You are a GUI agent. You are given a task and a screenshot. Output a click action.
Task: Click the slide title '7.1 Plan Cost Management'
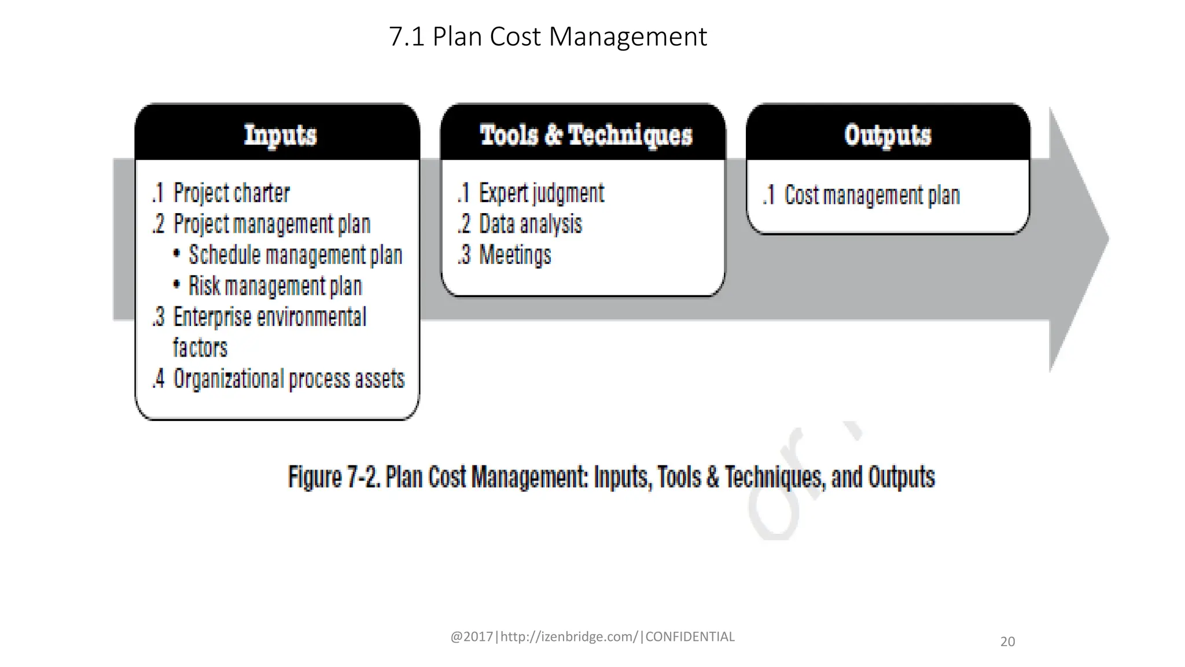point(547,36)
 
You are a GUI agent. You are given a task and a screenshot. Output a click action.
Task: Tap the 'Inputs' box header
point(280,135)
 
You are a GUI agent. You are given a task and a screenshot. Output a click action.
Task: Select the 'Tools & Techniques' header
point(586,135)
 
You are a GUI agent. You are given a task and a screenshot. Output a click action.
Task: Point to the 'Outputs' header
point(888,135)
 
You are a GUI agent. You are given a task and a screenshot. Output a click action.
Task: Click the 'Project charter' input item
point(231,193)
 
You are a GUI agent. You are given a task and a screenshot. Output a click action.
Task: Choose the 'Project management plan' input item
point(271,225)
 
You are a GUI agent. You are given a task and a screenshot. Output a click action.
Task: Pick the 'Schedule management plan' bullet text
point(295,255)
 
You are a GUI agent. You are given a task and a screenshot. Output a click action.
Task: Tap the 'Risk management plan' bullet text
point(275,286)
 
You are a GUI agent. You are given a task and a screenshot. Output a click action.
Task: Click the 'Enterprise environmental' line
point(270,317)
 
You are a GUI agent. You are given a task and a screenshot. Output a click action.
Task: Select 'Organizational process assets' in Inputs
point(289,379)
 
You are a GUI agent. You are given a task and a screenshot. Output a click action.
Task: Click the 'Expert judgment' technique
point(542,193)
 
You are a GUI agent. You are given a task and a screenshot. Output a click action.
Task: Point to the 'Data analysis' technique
point(530,225)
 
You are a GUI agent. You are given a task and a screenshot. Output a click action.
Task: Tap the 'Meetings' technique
point(515,255)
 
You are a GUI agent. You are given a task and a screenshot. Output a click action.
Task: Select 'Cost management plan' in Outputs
point(872,196)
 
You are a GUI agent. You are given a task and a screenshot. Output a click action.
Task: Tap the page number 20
point(1007,642)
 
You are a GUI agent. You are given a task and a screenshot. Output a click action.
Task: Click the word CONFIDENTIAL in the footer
point(690,637)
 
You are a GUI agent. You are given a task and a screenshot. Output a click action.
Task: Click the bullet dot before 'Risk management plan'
point(176,285)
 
